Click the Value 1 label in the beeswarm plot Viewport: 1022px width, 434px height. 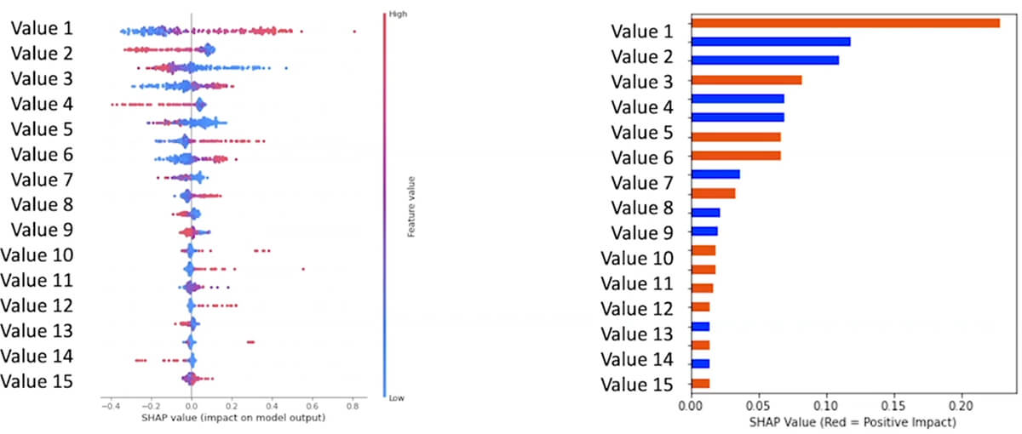coord(41,28)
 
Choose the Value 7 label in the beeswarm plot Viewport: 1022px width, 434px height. coord(41,180)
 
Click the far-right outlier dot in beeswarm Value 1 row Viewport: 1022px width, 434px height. coord(353,31)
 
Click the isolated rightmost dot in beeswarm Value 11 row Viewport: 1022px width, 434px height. coord(303,269)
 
